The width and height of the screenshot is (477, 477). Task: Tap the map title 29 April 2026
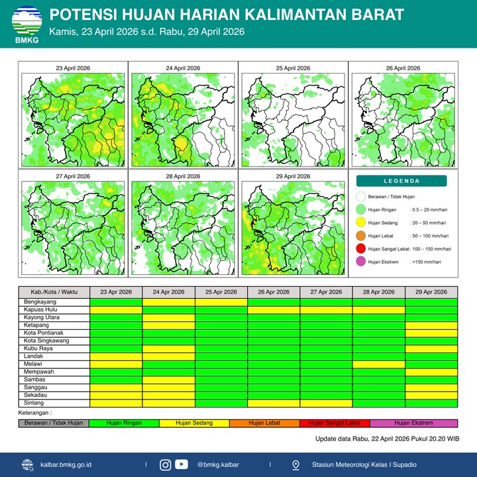pos(293,177)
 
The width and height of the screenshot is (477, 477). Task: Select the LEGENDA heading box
pos(401,181)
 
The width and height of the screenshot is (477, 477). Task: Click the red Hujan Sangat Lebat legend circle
pos(360,248)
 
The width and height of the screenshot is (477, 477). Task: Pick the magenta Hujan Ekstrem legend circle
pos(360,262)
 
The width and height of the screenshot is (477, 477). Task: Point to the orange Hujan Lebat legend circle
pos(360,235)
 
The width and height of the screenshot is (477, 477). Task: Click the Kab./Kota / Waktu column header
pos(54,292)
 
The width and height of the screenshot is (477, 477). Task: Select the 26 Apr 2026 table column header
pos(273,292)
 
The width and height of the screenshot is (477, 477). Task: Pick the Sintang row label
pos(34,403)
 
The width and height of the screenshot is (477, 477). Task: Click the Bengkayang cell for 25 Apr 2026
pos(221,301)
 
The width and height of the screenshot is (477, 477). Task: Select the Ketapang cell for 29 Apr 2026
pos(431,325)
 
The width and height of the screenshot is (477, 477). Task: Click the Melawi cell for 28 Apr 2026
pos(378,364)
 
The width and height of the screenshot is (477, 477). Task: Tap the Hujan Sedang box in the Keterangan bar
pos(193,423)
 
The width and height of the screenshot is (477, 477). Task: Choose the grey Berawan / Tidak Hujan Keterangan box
pos(54,423)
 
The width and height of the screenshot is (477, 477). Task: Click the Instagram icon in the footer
pos(166,464)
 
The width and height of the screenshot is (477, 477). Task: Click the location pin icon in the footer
pos(295,464)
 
